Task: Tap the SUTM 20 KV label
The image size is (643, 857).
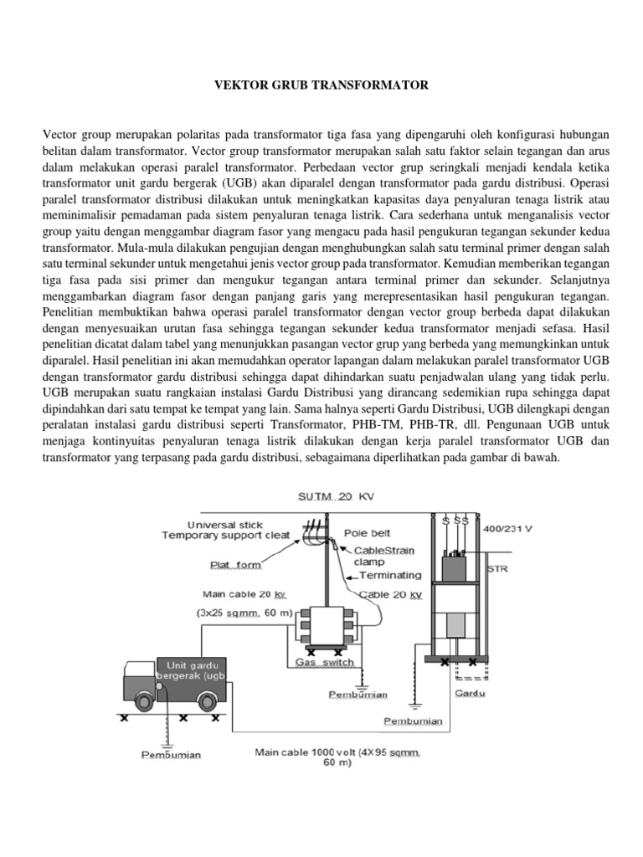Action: point(335,496)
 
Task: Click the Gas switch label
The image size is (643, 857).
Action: point(326,662)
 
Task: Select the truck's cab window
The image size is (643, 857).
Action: point(139,667)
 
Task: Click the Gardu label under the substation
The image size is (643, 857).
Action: point(467,694)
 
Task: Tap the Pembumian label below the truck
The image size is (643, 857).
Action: point(172,754)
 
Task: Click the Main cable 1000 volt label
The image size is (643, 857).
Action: point(337,752)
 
